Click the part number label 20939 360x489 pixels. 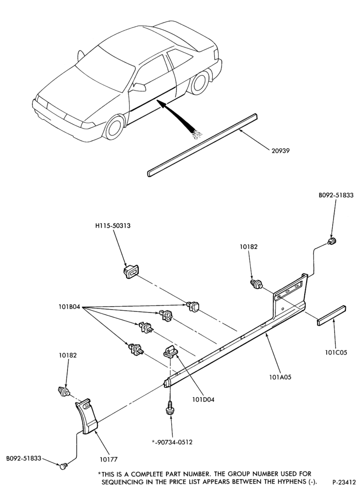coord(280,151)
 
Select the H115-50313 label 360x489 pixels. coord(112,226)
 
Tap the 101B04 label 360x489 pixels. coord(69,307)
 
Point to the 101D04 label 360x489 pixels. coord(203,399)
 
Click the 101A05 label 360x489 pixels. coord(280,377)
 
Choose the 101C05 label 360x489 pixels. coord(336,353)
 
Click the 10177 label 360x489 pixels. coord(109,459)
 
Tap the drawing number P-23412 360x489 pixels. coord(344,482)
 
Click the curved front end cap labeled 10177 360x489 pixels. coord(87,416)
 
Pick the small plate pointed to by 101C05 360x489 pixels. coord(331,315)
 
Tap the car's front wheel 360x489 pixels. coord(113,129)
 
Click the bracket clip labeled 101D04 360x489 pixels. coord(169,352)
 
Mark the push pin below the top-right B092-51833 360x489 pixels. coord(332,241)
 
